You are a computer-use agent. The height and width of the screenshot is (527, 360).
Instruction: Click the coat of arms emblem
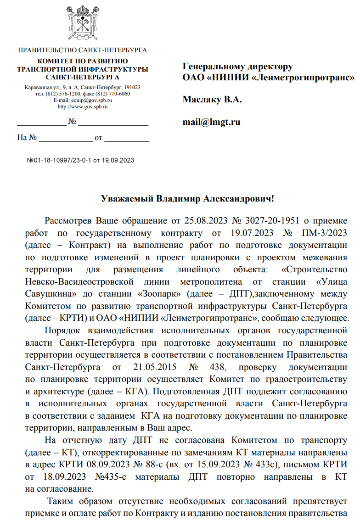pos(82,22)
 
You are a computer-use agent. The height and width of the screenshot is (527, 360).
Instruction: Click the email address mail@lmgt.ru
pos(211,122)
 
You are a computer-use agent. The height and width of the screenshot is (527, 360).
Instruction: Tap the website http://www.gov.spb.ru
pos(82,107)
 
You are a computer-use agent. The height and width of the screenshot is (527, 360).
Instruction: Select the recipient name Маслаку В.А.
pos(212,100)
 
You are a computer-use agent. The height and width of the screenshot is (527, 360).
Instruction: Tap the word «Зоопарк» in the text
pos(158,292)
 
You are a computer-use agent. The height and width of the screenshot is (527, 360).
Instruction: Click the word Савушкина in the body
pos(45,292)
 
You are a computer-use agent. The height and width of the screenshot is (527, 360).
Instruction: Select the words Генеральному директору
pos(237,67)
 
